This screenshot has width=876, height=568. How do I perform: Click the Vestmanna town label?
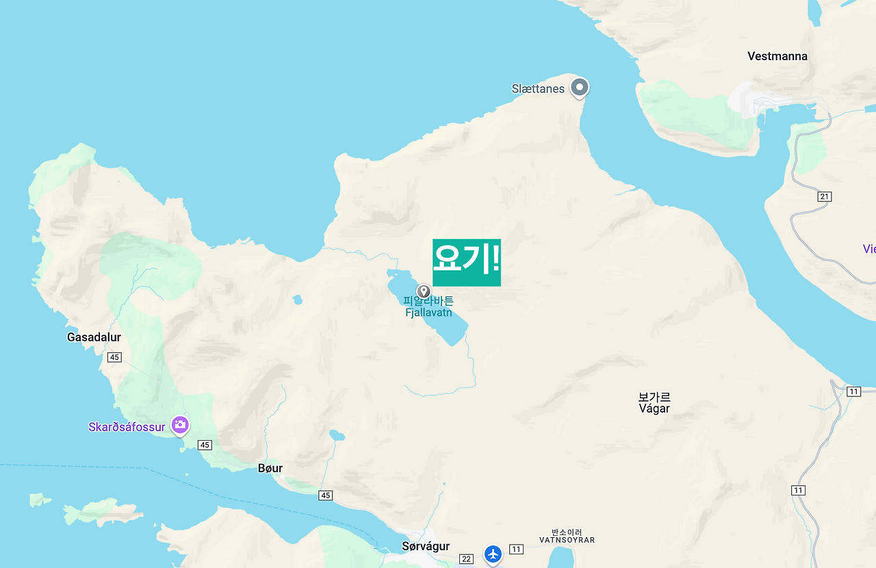pos(777,56)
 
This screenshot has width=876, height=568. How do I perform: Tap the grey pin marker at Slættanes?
pos(580,88)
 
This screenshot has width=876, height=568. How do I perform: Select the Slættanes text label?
pos(538,89)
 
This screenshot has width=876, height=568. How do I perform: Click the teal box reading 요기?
pos(467,262)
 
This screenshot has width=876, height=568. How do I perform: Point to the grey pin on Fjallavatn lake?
pos(424,292)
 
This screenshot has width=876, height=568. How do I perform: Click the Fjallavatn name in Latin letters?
pos(428,313)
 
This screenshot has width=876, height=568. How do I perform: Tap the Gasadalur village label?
pos(94,337)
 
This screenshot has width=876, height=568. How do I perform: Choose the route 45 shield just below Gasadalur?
pos(114,357)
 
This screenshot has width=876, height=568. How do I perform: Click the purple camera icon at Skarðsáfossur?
pos(180,425)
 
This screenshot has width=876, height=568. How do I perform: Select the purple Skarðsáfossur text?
pos(127,427)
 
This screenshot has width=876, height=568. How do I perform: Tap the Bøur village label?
pos(270,468)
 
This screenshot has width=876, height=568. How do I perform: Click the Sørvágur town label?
pos(426,546)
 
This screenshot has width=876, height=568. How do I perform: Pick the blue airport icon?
pos(493,554)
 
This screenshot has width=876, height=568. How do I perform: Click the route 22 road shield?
pos(467,559)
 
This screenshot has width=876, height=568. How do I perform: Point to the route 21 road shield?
pos(824,197)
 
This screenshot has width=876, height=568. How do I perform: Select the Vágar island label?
pos(654,409)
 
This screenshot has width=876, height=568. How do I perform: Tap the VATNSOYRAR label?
pos(567,540)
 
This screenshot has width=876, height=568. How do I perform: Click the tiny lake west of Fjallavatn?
pos(297,300)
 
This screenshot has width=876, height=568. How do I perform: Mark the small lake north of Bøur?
pos(336,435)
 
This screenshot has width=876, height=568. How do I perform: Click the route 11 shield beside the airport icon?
pos(516,549)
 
